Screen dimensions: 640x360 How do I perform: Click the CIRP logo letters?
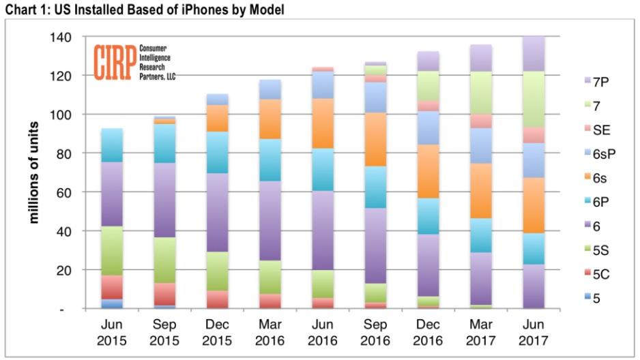pyautogui.click(x=115, y=62)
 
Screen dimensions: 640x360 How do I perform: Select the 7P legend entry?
pyautogui.click(x=597, y=82)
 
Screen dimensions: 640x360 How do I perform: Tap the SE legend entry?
pyautogui.click(x=597, y=130)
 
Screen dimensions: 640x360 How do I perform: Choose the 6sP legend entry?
pyautogui.click(x=600, y=153)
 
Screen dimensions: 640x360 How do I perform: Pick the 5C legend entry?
pyautogui.click(x=597, y=274)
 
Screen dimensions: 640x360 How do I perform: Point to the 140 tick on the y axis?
pyautogui.click(x=61, y=37)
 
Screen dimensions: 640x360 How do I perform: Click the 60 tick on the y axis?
pyautogui.click(x=64, y=192)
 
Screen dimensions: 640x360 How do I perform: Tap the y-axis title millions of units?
pyautogui.click(x=34, y=172)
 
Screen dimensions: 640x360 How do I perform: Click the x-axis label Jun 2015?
pyautogui.click(x=111, y=332)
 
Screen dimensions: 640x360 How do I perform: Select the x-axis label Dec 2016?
pyautogui.click(x=428, y=332)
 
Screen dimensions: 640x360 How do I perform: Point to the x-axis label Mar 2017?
pyautogui.click(x=480, y=332)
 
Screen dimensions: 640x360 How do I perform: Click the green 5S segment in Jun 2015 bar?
pyautogui.click(x=111, y=251)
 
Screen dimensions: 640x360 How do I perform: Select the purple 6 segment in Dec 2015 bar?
pyautogui.click(x=217, y=213)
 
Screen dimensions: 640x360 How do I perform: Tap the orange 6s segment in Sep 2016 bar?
pyautogui.click(x=375, y=140)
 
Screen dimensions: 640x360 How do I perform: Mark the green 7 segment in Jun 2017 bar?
pyautogui.click(x=534, y=100)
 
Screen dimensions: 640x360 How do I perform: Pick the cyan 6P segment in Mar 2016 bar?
pyautogui.click(x=270, y=160)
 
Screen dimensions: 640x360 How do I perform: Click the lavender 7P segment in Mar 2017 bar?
pyautogui.click(x=481, y=59)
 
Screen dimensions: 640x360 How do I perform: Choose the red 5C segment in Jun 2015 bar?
pyautogui.click(x=111, y=288)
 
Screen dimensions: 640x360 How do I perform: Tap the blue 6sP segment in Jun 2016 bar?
pyautogui.click(x=323, y=85)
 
